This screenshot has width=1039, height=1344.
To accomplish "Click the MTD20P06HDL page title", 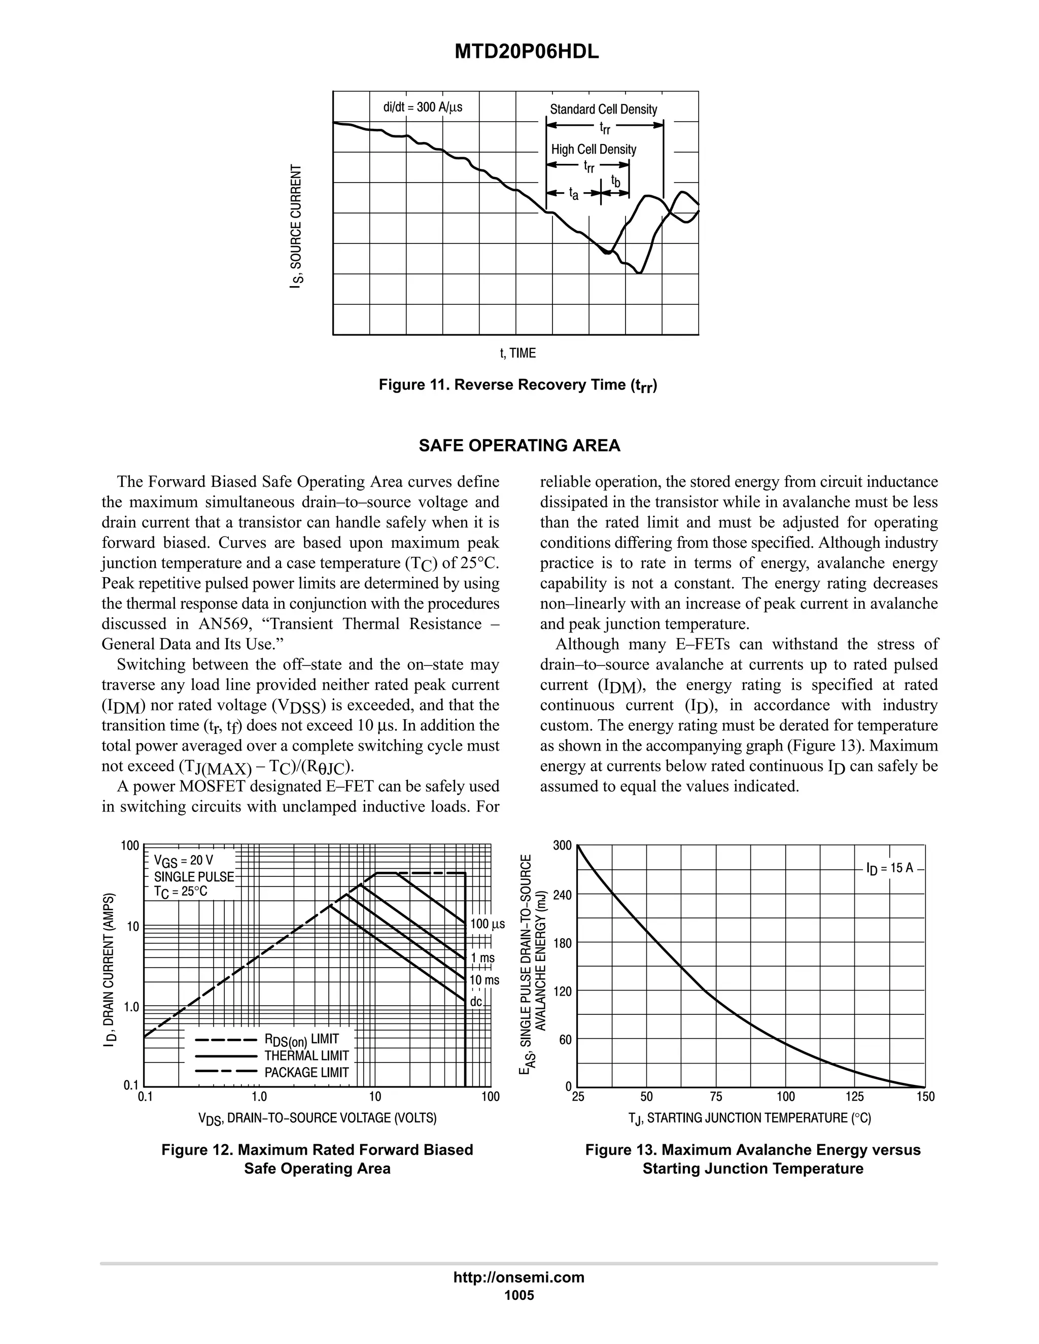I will [x=526, y=52].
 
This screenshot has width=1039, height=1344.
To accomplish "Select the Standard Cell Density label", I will [x=603, y=110].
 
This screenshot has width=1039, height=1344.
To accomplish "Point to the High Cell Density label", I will [x=594, y=150].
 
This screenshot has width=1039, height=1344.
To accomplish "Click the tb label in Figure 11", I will [x=615, y=181].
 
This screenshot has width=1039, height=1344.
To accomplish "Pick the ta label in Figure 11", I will [x=573, y=194].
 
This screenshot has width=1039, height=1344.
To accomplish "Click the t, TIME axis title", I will [x=517, y=353].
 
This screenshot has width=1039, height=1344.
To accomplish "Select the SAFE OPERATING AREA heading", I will [x=519, y=445].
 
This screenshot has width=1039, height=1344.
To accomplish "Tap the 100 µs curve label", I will [x=487, y=924].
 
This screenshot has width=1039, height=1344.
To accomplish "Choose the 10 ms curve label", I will [x=484, y=980].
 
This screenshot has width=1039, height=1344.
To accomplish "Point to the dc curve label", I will [x=476, y=1001].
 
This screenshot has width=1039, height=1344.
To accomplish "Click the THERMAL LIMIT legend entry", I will [x=306, y=1055].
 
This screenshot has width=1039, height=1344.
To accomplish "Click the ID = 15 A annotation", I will [x=889, y=868].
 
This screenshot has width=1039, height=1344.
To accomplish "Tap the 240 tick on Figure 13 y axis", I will [x=563, y=895].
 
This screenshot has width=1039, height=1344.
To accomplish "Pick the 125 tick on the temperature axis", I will [x=854, y=1097].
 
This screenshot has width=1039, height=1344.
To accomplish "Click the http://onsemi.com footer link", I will [x=519, y=1278].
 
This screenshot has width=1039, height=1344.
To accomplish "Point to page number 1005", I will [x=519, y=1295].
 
